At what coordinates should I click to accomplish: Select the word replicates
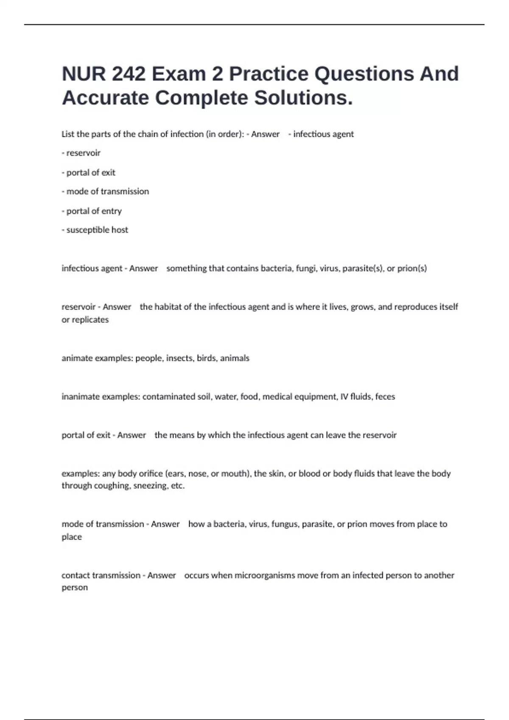click(x=90, y=320)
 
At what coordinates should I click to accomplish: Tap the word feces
click(x=385, y=397)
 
